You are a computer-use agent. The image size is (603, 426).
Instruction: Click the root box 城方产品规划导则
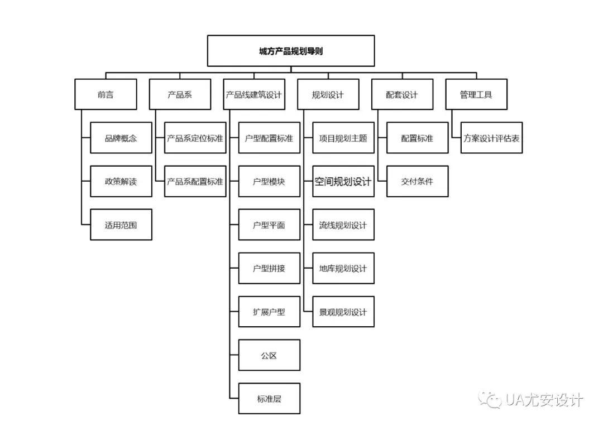(x=291, y=51)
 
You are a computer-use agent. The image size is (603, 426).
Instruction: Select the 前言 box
(x=106, y=94)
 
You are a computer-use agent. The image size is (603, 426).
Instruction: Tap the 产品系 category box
(x=180, y=94)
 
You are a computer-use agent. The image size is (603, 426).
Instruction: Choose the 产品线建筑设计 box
(x=253, y=94)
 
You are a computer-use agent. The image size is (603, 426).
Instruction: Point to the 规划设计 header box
(x=328, y=94)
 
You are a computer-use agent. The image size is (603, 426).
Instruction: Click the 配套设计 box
(x=402, y=94)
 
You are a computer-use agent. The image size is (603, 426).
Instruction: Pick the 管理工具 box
(x=476, y=94)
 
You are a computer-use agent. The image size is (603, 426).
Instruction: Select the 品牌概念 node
(x=121, y=138)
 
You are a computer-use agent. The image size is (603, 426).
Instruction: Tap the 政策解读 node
(x=121, y=181)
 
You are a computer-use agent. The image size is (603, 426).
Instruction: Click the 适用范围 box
(x=121, y=225)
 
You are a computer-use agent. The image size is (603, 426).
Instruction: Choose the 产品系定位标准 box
(x=195, y=138)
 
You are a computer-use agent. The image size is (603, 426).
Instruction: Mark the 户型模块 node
(x=269, y=181)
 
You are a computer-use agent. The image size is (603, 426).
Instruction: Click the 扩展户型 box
(x=269, y=312)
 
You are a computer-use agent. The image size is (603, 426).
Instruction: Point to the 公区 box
(x=269, y=355)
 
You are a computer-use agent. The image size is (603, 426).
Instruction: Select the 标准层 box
(x=269, y=399)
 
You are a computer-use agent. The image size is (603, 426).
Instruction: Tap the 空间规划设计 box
(x=343, y=181)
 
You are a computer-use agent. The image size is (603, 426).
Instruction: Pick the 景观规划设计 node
(x=343, y=312)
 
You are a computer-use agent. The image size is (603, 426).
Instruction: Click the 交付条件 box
(x=417, y=181)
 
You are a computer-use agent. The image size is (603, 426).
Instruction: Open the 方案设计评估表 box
(x=491, y=138)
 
